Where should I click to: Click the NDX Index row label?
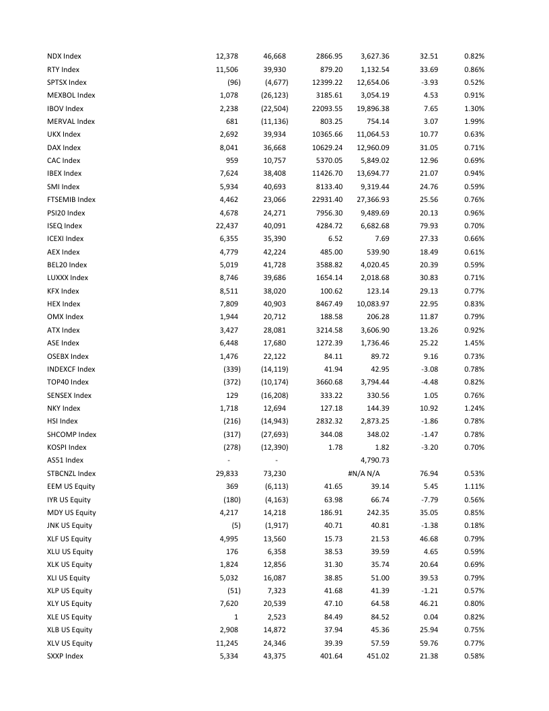64,56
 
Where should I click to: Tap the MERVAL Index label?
71,121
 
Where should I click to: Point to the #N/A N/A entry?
368,473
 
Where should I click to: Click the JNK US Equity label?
69,525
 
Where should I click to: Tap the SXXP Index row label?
65,656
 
